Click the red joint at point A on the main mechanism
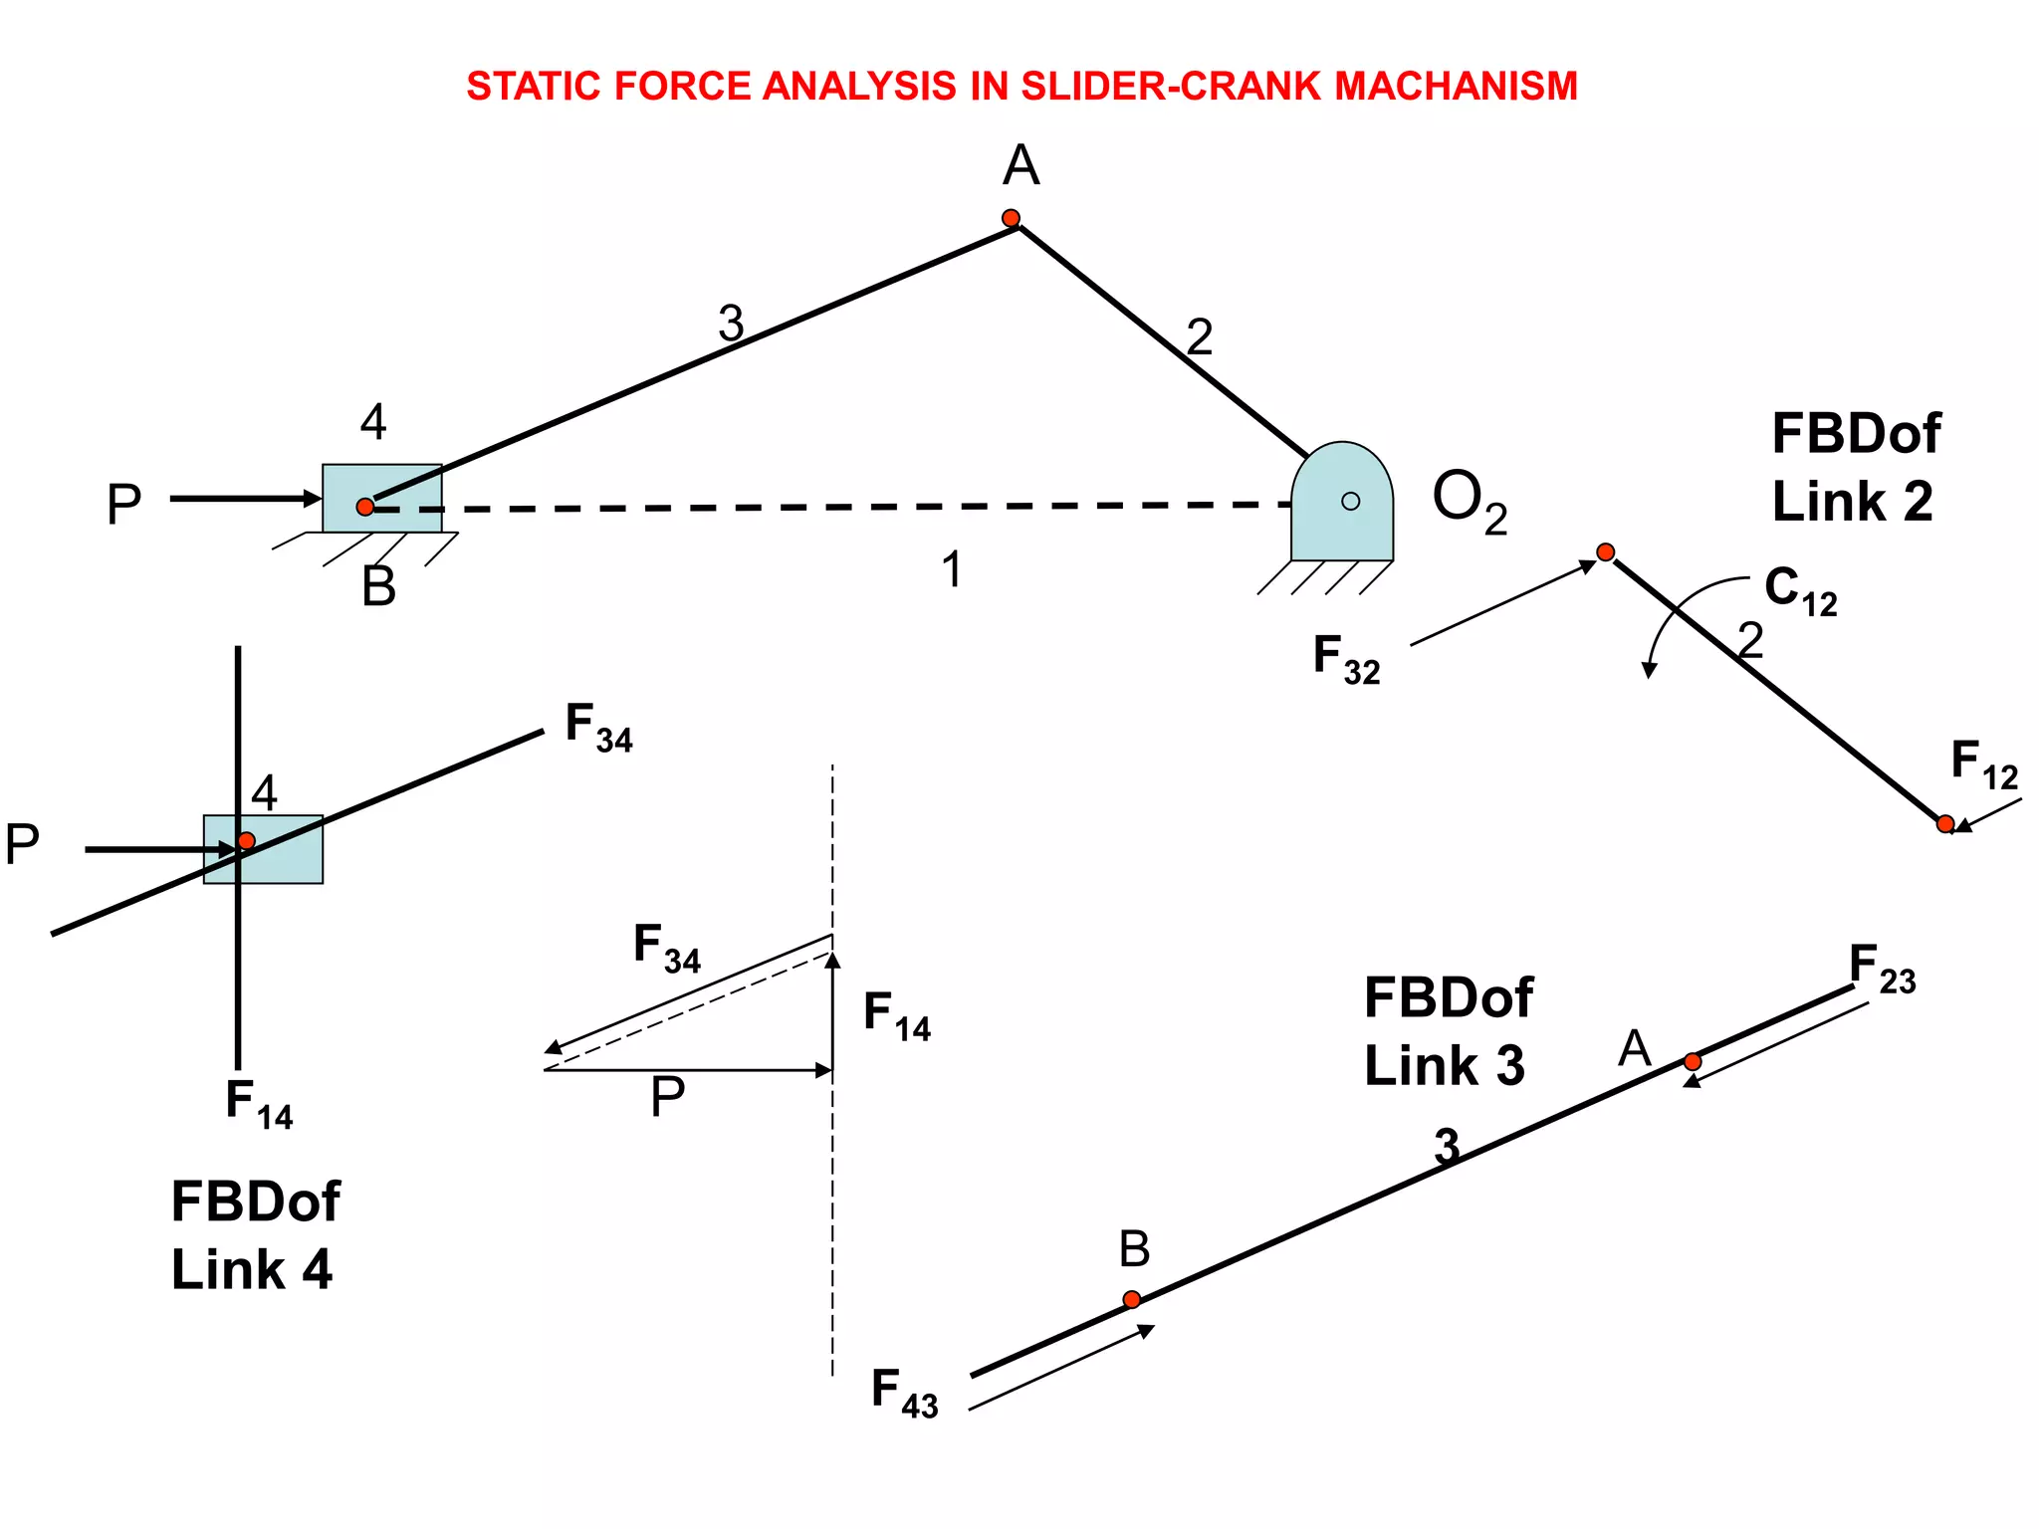[x=1011, y=218]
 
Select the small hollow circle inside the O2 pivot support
[x=1350, y=501]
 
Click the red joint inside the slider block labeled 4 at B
[x=365, y=507]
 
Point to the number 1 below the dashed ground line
[x=952, y=570]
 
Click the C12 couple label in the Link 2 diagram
[x=1800, y=590]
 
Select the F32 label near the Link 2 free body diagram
[x=1346, y=660]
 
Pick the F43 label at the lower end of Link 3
[x=904, y=1393]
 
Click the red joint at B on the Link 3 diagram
[x=1131, y=1299]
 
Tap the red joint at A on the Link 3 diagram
[x=1693, y=1061]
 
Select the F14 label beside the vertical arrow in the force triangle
[x=896, y=1016]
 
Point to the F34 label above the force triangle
[x=666, y=948]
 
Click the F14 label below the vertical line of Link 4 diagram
[x=259, y=1104]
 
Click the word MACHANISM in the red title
[x=1456, y=87]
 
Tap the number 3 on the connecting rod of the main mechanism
[x=731, y=324]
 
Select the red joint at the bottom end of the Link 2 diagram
[x=1944, y=823]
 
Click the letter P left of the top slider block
[x=123, y=505]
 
